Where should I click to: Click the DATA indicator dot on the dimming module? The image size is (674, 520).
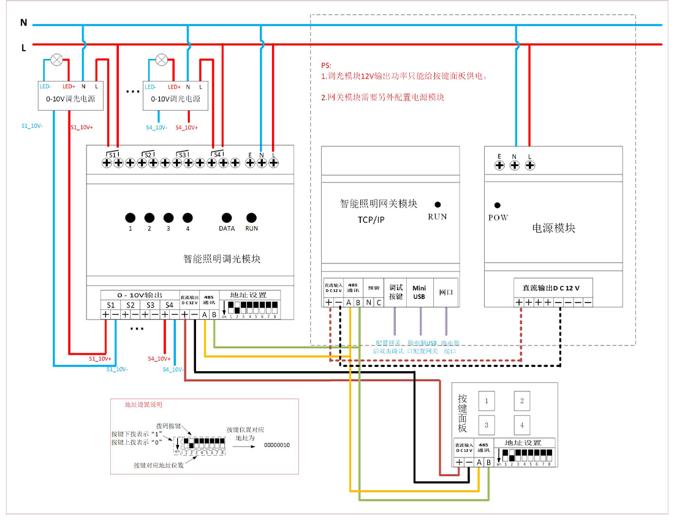[x=227, y=217]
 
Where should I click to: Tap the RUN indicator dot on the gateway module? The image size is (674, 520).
[x=437, y=205]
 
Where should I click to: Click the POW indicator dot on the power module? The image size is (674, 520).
[x=498, y=206]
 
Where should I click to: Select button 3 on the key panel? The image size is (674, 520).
[x=487, y=424]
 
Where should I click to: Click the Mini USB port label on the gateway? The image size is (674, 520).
[x=419, y=292]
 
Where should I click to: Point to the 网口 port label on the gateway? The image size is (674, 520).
[x=445, y=292]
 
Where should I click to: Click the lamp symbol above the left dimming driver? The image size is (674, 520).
[x=57, y=59]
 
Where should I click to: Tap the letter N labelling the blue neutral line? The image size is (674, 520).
[x=24, y=23]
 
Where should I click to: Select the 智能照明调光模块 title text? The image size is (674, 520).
[x=222, y=259]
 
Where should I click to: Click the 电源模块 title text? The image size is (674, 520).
[x=553, y=228]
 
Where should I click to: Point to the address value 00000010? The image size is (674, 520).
[x=276, y=444]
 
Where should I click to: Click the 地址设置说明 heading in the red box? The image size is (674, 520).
[x=143, y=405]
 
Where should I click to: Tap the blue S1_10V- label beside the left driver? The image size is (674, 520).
[x=32, y=126]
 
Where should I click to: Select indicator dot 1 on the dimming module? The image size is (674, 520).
[x=131, y=217]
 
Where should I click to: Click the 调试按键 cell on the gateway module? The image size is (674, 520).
[x=396, y=292]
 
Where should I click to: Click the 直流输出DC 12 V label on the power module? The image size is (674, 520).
[x=550, y=288]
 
